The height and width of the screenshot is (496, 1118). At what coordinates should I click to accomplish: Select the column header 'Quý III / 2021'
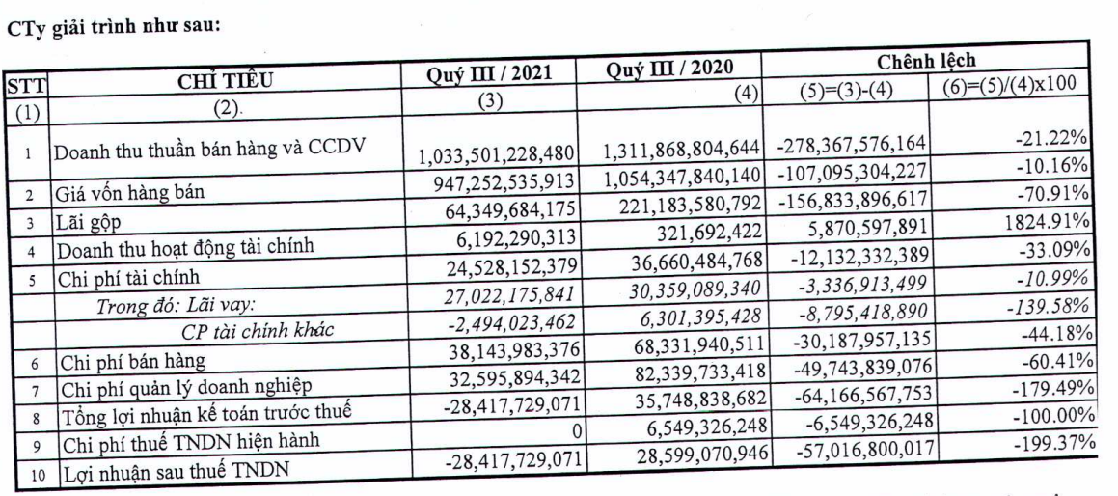coord(495,72)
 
